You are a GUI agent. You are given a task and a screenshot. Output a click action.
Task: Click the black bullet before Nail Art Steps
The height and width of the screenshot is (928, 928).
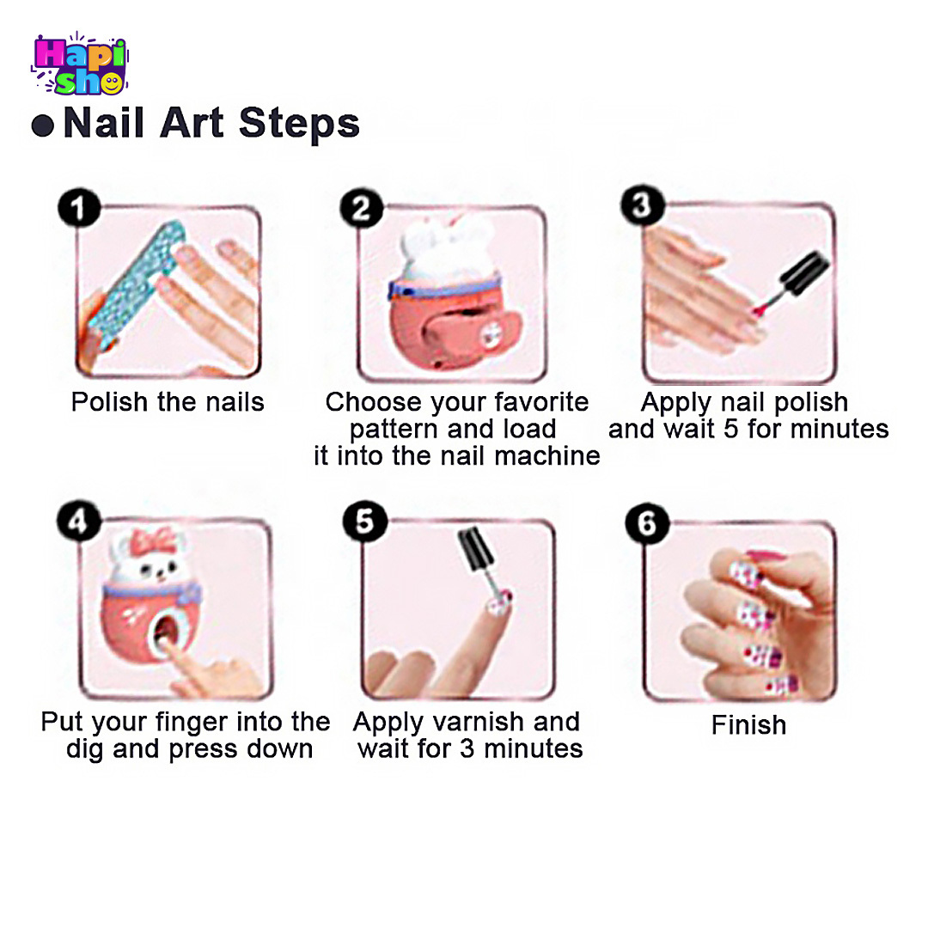tap(43, 125)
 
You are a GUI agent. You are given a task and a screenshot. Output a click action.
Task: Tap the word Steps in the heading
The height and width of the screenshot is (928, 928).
tap(299, 125)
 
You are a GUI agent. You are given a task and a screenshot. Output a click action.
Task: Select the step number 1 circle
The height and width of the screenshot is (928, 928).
tap(79, 208)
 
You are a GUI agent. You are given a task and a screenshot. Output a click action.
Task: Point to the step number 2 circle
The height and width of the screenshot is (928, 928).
tap(361, 208)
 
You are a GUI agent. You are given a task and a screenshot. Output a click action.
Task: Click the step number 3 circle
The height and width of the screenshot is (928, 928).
tap(642, 205)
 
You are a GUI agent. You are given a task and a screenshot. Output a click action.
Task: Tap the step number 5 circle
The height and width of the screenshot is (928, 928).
tap(364, 522)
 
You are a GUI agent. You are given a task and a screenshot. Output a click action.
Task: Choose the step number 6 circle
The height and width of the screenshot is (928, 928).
tap(647, 523)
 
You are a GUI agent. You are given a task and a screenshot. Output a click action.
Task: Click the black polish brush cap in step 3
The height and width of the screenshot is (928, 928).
tap(804, 273)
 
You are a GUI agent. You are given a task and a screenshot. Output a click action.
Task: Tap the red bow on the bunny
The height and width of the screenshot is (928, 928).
tap(154, 541)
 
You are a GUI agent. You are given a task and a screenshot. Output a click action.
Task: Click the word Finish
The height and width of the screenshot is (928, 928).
tap(748, 725)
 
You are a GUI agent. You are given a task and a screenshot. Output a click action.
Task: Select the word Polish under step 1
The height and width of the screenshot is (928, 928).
tap(109, 402)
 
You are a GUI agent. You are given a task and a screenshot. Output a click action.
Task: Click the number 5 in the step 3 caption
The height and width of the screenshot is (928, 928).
tap(731, 429)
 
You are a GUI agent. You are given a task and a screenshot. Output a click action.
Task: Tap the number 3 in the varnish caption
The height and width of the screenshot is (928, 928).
tap(467, 748)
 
